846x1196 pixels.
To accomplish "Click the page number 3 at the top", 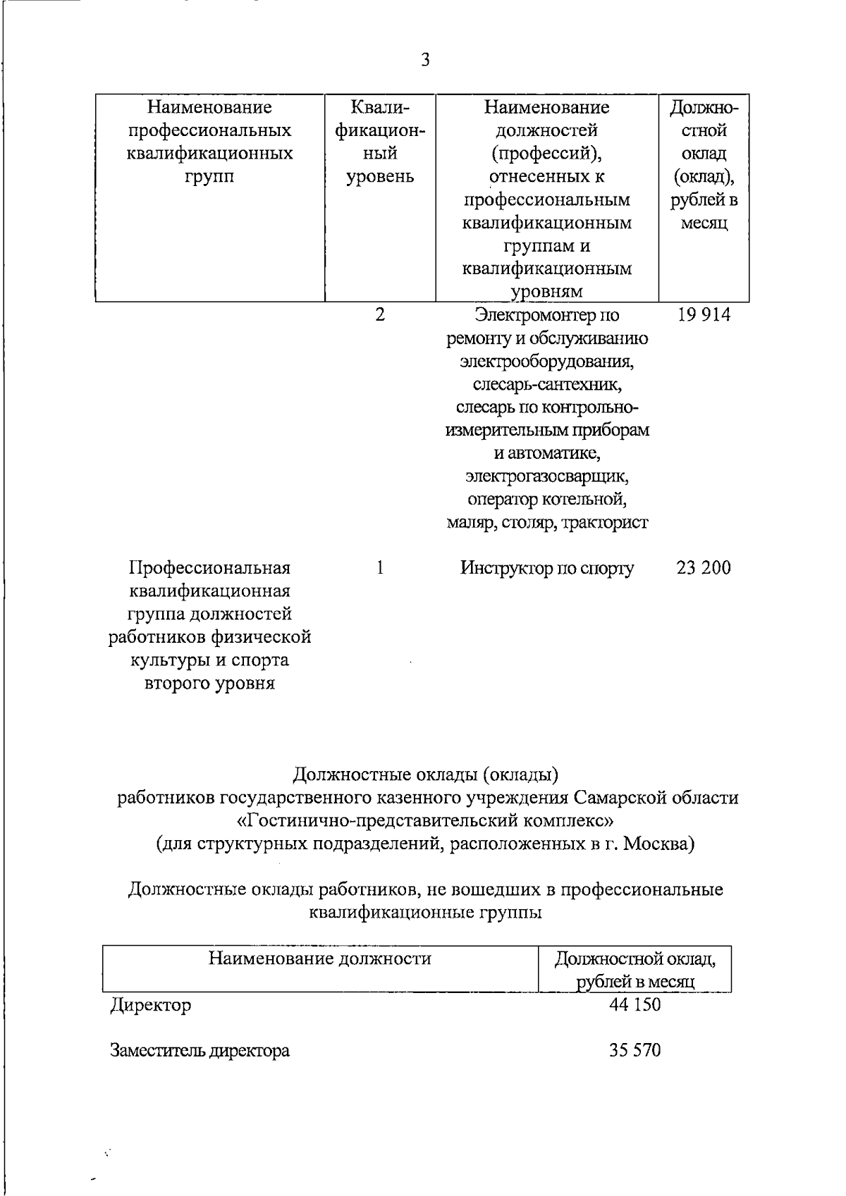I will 425,60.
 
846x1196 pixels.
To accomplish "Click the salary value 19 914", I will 704,315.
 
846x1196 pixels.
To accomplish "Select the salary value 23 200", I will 704,567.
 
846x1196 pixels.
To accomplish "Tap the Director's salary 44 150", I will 634,1004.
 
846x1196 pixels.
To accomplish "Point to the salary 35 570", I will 634,1051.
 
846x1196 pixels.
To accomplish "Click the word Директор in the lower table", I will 151,1005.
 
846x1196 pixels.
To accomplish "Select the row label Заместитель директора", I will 200,1051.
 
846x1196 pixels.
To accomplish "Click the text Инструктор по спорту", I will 547,568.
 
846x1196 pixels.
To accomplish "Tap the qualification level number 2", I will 380,315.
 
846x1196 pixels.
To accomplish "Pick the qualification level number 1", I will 380,567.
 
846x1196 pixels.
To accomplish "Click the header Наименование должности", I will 319,958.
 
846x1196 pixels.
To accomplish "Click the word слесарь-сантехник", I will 547,385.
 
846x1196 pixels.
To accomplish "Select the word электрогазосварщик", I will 547,476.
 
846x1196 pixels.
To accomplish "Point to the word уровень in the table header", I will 380,177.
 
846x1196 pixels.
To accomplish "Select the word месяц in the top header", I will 704,223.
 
